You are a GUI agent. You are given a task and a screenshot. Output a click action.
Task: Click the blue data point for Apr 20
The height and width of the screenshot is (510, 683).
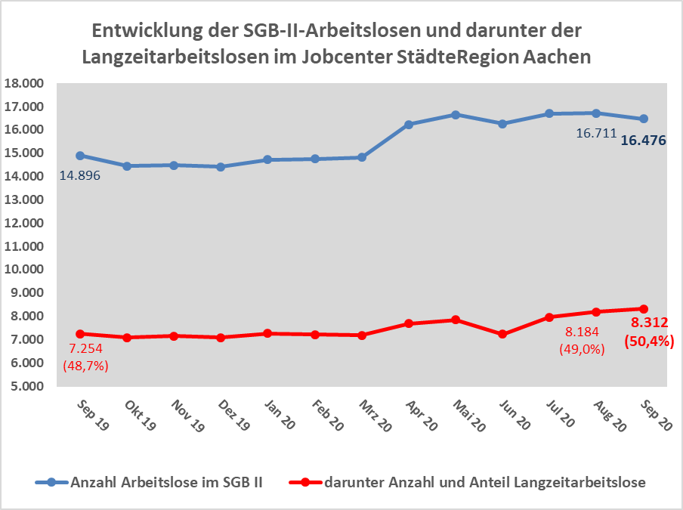(409, 125)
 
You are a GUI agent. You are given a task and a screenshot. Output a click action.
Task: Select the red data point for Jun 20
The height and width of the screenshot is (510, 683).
(503, 333)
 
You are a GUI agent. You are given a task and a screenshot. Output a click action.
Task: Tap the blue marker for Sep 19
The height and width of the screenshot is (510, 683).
(80, 156)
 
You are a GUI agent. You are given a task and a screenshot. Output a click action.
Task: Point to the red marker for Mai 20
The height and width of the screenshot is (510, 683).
(456, 320)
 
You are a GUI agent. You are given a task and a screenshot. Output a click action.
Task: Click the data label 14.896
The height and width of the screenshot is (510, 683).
(79, 175)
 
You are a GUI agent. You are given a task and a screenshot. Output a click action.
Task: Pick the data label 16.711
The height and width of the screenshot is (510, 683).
(595, 134)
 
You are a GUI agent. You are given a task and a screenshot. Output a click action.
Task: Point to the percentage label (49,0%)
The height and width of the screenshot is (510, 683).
(582, 349)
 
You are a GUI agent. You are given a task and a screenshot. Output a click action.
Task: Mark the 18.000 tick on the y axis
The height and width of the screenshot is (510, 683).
(24, 83)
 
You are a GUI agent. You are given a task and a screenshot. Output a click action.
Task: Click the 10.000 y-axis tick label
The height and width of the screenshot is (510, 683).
(24, 270)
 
